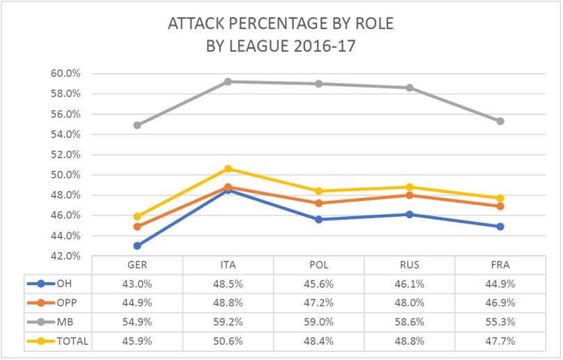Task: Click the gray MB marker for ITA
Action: pos(228,81)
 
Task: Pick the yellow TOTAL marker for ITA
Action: pos(228,169)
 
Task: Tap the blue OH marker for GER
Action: pos(137,245)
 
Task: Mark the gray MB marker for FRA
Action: pos(500,121)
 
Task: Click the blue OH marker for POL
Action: pos(319,219)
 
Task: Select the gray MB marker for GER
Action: pos(137,125)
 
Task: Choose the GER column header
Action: pos(137,265)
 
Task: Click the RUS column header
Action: pos(409,265)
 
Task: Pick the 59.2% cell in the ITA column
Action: pos(228,322)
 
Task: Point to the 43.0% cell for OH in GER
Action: pos(137,284)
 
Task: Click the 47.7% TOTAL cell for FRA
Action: pos(500,341)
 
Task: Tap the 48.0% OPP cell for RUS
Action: pos(409,302)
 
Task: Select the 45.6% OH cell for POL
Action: pos(319,284)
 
